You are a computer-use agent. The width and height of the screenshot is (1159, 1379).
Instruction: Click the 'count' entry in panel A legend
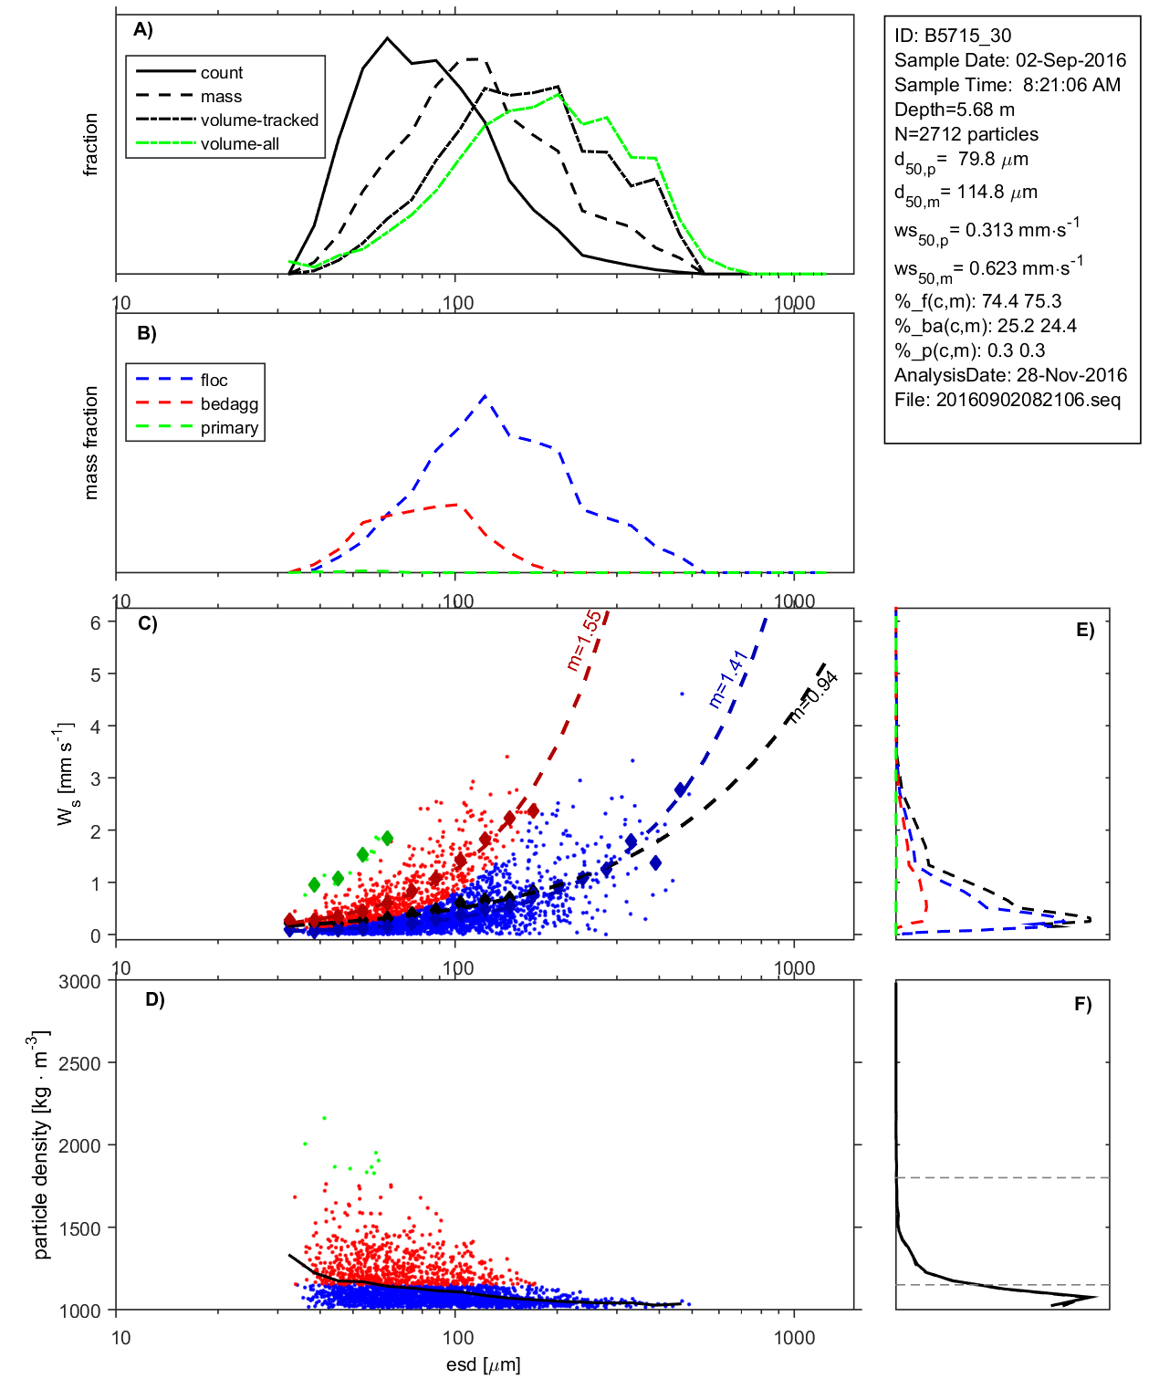[x=222, y=73]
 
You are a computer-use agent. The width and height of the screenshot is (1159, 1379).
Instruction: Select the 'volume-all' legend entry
[x=239, y=144]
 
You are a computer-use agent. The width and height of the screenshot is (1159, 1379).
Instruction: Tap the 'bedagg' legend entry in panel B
[x=229, y=404]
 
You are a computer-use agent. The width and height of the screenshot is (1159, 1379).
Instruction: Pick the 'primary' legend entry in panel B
[x=229, y=428]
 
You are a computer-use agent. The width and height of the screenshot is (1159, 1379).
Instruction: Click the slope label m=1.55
[x=584, y=641]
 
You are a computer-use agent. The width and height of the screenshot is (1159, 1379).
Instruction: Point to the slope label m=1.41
[x=728, y=678]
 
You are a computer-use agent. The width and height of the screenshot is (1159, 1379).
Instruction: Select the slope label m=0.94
[x=813, y=698]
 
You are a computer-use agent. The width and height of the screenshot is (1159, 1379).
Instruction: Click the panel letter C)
[x=148, y=624]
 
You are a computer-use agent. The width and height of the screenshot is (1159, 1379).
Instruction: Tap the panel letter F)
[x=1083, y=1005]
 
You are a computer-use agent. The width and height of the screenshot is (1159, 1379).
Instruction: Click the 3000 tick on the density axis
[x=79, y=982]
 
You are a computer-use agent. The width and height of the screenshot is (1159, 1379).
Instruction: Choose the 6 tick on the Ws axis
[x=95, y=622]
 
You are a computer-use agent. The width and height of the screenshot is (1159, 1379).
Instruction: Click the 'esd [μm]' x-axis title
[x=483, y=1365]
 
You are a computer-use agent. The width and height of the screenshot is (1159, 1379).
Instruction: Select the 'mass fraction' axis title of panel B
[x=90, y=443]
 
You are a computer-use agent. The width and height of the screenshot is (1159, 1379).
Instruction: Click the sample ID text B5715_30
[x=968, y=36]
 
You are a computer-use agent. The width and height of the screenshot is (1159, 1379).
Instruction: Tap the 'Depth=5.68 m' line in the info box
[x=955, y=110]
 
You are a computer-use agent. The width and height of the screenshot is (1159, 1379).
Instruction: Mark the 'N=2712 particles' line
[x=966, y=134]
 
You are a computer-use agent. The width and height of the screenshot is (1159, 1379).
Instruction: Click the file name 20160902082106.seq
[x=1028, y=400]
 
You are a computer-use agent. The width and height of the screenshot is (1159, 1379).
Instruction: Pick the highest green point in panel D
[x=324, y=1118]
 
